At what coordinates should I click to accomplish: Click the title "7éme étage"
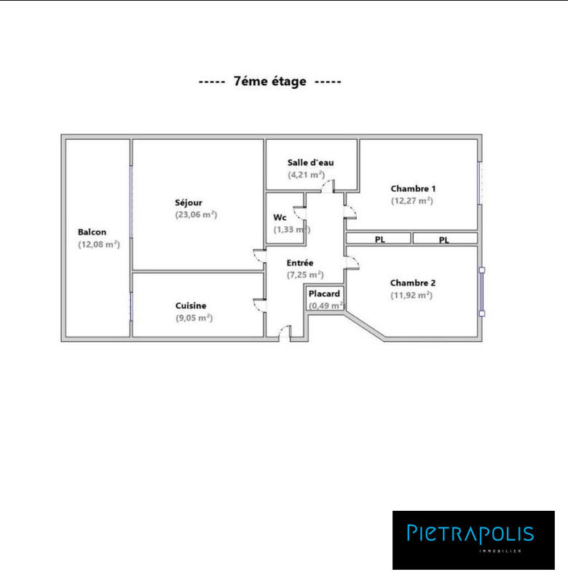pyautogui.click(x=269, y=82)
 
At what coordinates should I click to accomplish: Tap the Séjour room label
pyautogui.click(x=189, y=202)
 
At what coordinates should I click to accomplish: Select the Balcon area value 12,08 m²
pyautogui.click(x=99, y=245)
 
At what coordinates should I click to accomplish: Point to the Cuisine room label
pyautogui.click(x=191, y=306)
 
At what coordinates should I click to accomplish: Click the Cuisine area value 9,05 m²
pyautogui.click(x=194, y=318)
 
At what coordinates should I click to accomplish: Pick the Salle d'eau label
pyautogui.click(x=311, y=163)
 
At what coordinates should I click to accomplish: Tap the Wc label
pyautogui.click(x=280, y=217)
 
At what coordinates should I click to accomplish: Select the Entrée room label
pyautogui.click(x=300, y=262)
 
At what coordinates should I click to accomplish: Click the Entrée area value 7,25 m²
pyautogui.click(x=305, y=275)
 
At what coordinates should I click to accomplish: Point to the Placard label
pyautogui.click(x=324, y=294)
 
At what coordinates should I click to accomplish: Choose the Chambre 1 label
pyautogui.click(x=413, y=189)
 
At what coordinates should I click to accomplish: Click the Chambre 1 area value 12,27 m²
pyautogui.click(x=412, y=200)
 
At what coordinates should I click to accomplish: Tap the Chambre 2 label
pyautogui.click(x=413, y=283)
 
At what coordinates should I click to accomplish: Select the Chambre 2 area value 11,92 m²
pyautogui.click(x=411, y=295)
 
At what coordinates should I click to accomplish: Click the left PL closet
pyautogui.click(x=379, y=238)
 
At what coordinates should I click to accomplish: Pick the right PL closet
pyautogui.click(x=444, y=238)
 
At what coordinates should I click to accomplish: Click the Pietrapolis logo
pyautogui.click(x=473, y=539)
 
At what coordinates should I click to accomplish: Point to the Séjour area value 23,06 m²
pyautogui.click(x=197, y=214)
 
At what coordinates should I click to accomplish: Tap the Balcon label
pyautogui.click(x=92, y=232)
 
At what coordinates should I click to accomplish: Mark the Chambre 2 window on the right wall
pyautogui.click(x=481, y=291)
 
